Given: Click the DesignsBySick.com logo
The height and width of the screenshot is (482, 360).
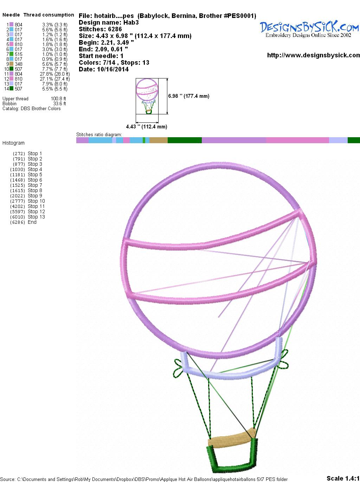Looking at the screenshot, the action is tap(309, 29).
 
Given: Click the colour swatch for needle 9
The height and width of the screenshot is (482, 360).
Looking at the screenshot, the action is tap(11, 64).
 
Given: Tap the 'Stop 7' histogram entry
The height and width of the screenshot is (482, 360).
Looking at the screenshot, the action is tap(35, 185).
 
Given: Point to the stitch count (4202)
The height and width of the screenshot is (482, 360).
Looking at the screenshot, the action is tap(18, 207).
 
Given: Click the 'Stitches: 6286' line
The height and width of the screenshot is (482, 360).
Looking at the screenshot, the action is tap(100, 29).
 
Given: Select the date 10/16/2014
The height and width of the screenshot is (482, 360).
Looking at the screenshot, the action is tap(113, 69).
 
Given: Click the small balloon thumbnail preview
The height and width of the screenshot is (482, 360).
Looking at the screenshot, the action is tap(147, 96).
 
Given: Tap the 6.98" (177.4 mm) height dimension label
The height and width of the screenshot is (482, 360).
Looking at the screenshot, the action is tap(189, 96).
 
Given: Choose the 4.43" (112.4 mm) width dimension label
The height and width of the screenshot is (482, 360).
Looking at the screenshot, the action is tap(147, 127).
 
